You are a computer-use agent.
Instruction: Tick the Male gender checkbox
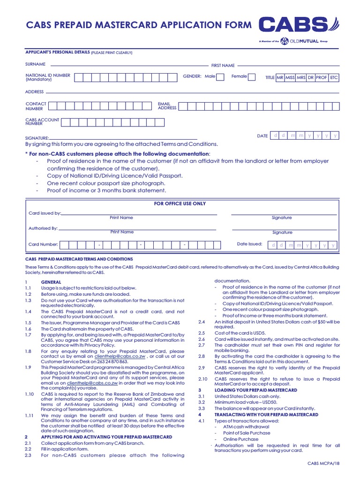coord(220,77)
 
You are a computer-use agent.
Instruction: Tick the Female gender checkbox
coord(252,77)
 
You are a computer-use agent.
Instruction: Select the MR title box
coord(280,78)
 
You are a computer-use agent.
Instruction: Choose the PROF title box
coord(322,78)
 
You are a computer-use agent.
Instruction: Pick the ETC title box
coord(334,78)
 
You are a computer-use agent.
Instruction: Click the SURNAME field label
coord(35,64)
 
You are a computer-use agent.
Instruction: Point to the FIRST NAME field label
coord(223,66)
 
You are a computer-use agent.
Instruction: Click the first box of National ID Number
coord(80,77)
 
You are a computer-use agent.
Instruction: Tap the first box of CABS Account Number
coord(67,122)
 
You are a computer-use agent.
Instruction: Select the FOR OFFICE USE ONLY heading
coord(180,204)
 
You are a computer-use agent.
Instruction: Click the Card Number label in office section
coord(43,244)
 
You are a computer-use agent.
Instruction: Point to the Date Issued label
coord(249,244)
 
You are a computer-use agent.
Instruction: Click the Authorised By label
coord(43,228)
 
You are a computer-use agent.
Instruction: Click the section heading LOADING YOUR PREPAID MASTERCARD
coord(255,390)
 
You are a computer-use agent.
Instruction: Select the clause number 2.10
coord(202,379)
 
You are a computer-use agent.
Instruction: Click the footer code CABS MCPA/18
coord(323,463)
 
